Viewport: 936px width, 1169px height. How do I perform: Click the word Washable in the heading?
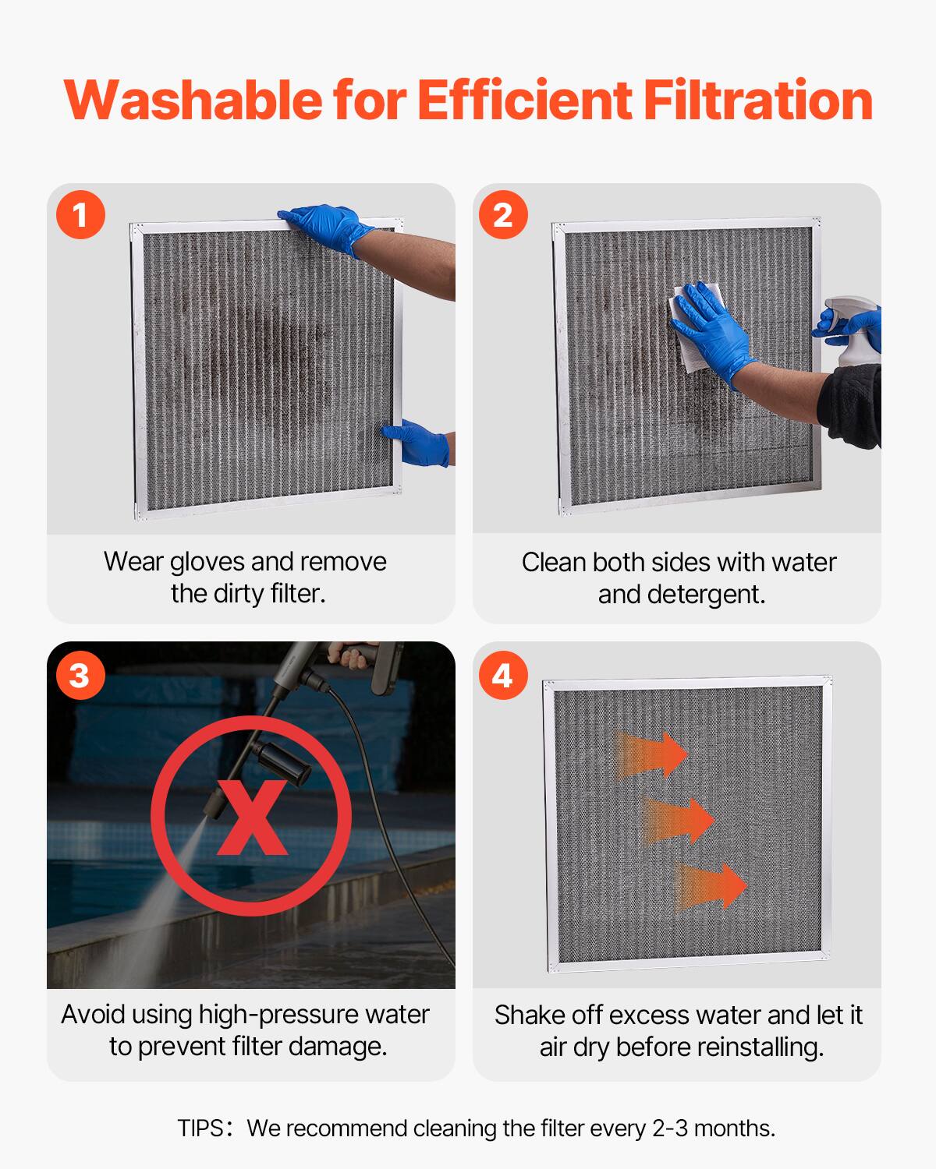point(193,100)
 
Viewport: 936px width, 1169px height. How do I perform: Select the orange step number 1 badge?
point(80,214)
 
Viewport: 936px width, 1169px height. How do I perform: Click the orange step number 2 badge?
point(503,214)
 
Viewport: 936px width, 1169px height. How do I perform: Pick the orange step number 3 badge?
point(80,675)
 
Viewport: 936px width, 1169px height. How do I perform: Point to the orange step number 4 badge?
point(503,675)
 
